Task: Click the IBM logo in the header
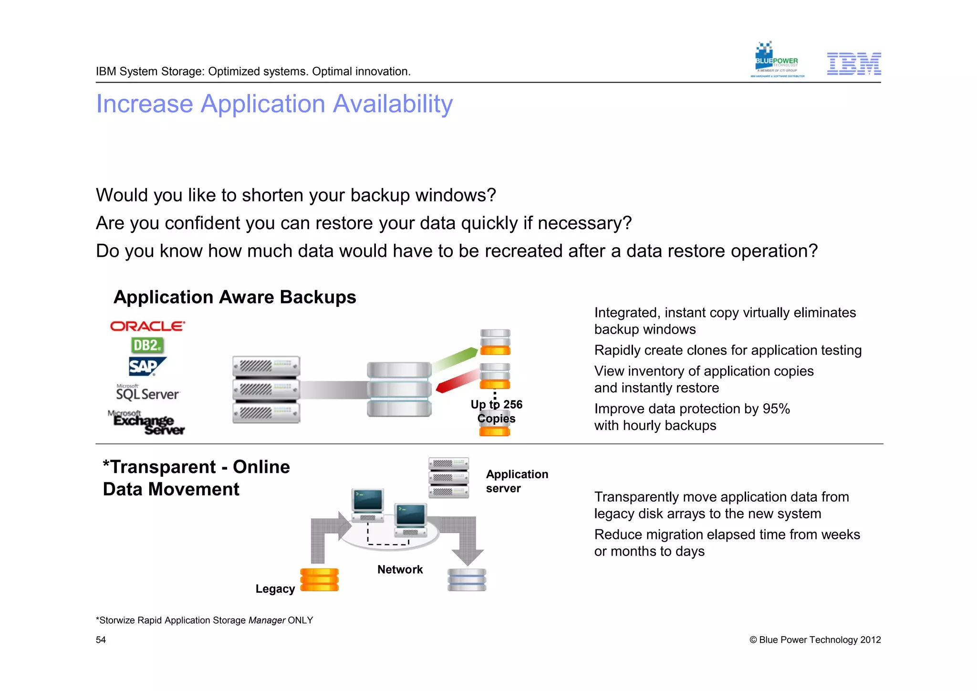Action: [853, 63]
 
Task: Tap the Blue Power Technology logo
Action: [777, 60]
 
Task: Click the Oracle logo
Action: [147, 326]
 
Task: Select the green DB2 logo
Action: [147, 345]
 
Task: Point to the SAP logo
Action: [146, 366]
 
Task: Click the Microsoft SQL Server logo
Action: [147, 392]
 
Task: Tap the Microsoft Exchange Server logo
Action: [146, 422]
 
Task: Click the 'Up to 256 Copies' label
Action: [496, 411]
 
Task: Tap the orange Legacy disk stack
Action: [319, 579]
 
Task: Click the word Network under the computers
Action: [400, 569]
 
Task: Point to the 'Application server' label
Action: [517, 481]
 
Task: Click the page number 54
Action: [101, 640]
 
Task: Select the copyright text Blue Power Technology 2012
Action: [815, 640]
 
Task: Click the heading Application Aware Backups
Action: [235, 297]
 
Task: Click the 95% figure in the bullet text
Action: [776, 409]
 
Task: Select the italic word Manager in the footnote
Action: [267, 620]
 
